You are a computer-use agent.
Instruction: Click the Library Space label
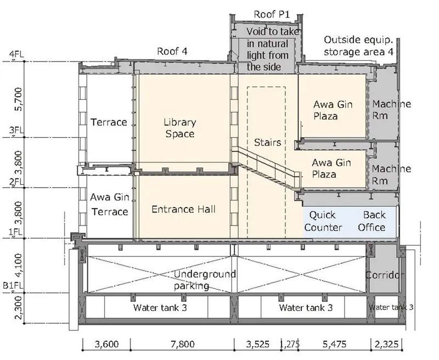[x=180, y=128]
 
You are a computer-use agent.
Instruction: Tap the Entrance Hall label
[x=183, y=209]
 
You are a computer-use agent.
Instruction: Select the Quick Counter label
[x=323, y=221]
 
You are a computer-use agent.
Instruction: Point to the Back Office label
[x=372, y=221]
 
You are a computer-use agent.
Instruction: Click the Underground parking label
[x=205, y=280]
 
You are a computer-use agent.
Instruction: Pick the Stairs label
[x=267, y=143]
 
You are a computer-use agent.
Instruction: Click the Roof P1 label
[x=272, y=14]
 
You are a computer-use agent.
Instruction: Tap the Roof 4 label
[x=172, y=51]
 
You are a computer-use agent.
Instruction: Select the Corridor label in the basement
[x=384, y=275]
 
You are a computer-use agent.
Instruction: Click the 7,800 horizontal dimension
[x=183, y=344]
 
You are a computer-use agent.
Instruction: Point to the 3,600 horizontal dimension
[x=106, y=344]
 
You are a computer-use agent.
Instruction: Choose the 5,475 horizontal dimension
[x=334, y=344]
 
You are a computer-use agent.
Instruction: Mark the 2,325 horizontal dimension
[x=386, y=344]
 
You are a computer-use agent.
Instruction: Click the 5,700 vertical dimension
[x=19, y=99]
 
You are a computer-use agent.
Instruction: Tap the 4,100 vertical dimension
[x=19, y=265]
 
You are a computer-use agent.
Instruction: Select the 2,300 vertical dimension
[x=19, y=308]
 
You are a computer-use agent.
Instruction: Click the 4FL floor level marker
[x=17, y=54]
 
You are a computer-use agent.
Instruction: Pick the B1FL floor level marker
[x=13, y=286]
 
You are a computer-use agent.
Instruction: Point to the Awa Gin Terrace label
[x=109, y=204]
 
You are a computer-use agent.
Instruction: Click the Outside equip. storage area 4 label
[x=359, y=46]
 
